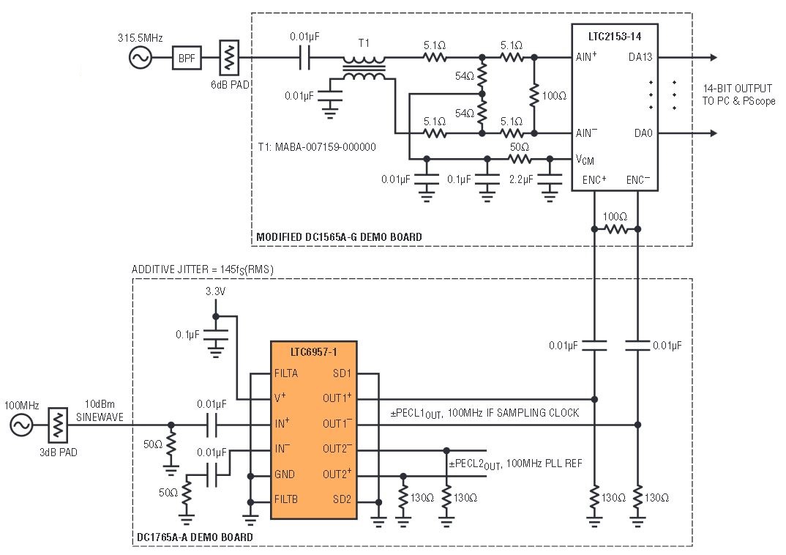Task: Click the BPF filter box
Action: click(x=187, y=58)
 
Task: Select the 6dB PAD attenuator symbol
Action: click(x=230, y=58)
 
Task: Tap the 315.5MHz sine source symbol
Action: click(x=140, y=58)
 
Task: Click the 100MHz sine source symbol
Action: click(x=21, y=425)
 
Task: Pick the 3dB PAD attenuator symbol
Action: click(x=58, y=425)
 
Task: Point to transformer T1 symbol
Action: click(x=364, y=68)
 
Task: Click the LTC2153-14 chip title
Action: click(x=615, y=37)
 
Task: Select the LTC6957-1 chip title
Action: click(x=314, y=352)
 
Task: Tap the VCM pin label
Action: click(x=585, y=160)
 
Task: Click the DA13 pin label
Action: click(x=640, y=57)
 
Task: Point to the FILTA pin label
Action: click(x=285, y=373)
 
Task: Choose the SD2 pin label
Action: click(x=342, y=499)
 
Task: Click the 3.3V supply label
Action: click(x=216, y=291)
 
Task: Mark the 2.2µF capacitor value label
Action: click(x=521, y=179)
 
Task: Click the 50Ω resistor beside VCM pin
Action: click(x=520, y=159)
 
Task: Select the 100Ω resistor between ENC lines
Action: click(x=615, y=229)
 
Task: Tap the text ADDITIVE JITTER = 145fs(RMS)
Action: click(x=203, y=269)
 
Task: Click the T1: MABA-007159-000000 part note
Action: click(x=317, y=147)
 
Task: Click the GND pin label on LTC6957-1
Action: click(x=284, y=474)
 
